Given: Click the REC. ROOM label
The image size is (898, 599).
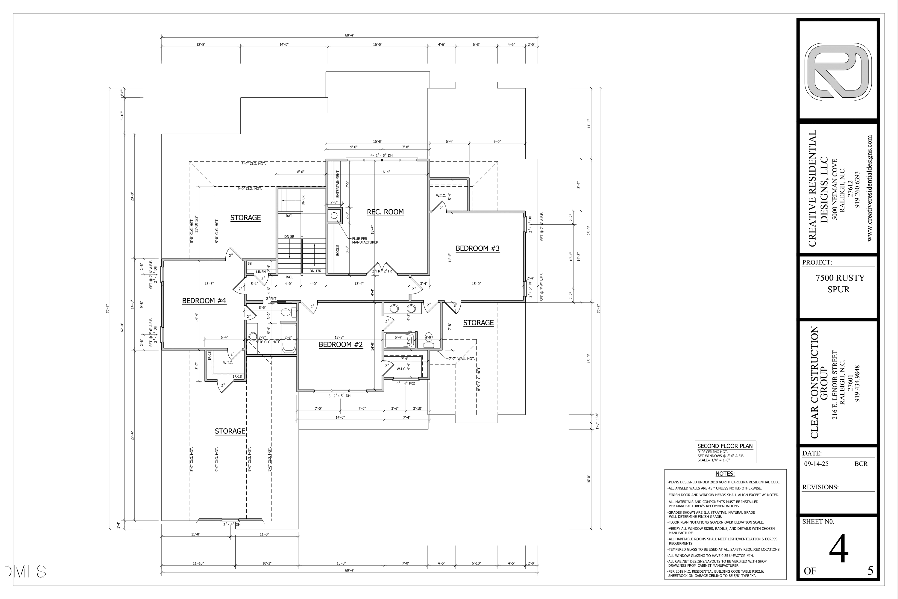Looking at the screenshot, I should coord(385,212).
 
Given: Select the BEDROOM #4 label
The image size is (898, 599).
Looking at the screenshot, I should coord(204,301).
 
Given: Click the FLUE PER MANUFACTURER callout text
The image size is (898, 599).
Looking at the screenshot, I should coord(365,240).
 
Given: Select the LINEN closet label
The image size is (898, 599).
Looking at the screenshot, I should coord(261,272).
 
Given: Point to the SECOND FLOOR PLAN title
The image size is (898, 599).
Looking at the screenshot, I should coord(725,446).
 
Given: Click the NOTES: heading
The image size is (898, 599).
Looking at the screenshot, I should coord(725,474).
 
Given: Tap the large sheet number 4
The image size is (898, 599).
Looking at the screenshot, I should coord(838,550).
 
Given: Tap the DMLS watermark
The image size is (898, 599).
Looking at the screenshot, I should coord(24,571).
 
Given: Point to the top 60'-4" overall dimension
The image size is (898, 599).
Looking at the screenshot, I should coord(349,35).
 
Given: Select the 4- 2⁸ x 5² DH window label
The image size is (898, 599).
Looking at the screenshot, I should coord(381,155).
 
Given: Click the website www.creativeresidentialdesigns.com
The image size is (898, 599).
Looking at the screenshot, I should coord(870,188).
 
